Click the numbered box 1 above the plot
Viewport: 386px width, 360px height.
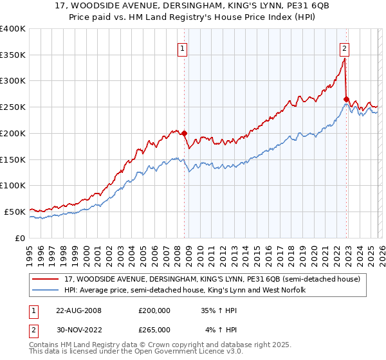(182, 48)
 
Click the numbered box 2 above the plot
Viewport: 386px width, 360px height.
(345, 48)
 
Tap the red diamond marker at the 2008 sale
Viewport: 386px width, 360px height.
(184, 134)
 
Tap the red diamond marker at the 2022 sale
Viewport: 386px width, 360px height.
(346, 100)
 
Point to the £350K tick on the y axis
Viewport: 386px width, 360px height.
(13, 55)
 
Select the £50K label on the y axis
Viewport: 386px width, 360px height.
(15, 212)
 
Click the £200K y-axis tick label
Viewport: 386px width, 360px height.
(13, 134)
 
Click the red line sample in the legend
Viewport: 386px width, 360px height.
(46, 279)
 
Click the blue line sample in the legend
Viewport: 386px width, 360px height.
(46, 291)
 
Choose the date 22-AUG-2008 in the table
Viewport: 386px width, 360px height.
(78, 310)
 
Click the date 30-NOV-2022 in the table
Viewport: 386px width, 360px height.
(78, 330)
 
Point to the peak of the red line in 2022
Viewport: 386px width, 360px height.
(344, 59)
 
